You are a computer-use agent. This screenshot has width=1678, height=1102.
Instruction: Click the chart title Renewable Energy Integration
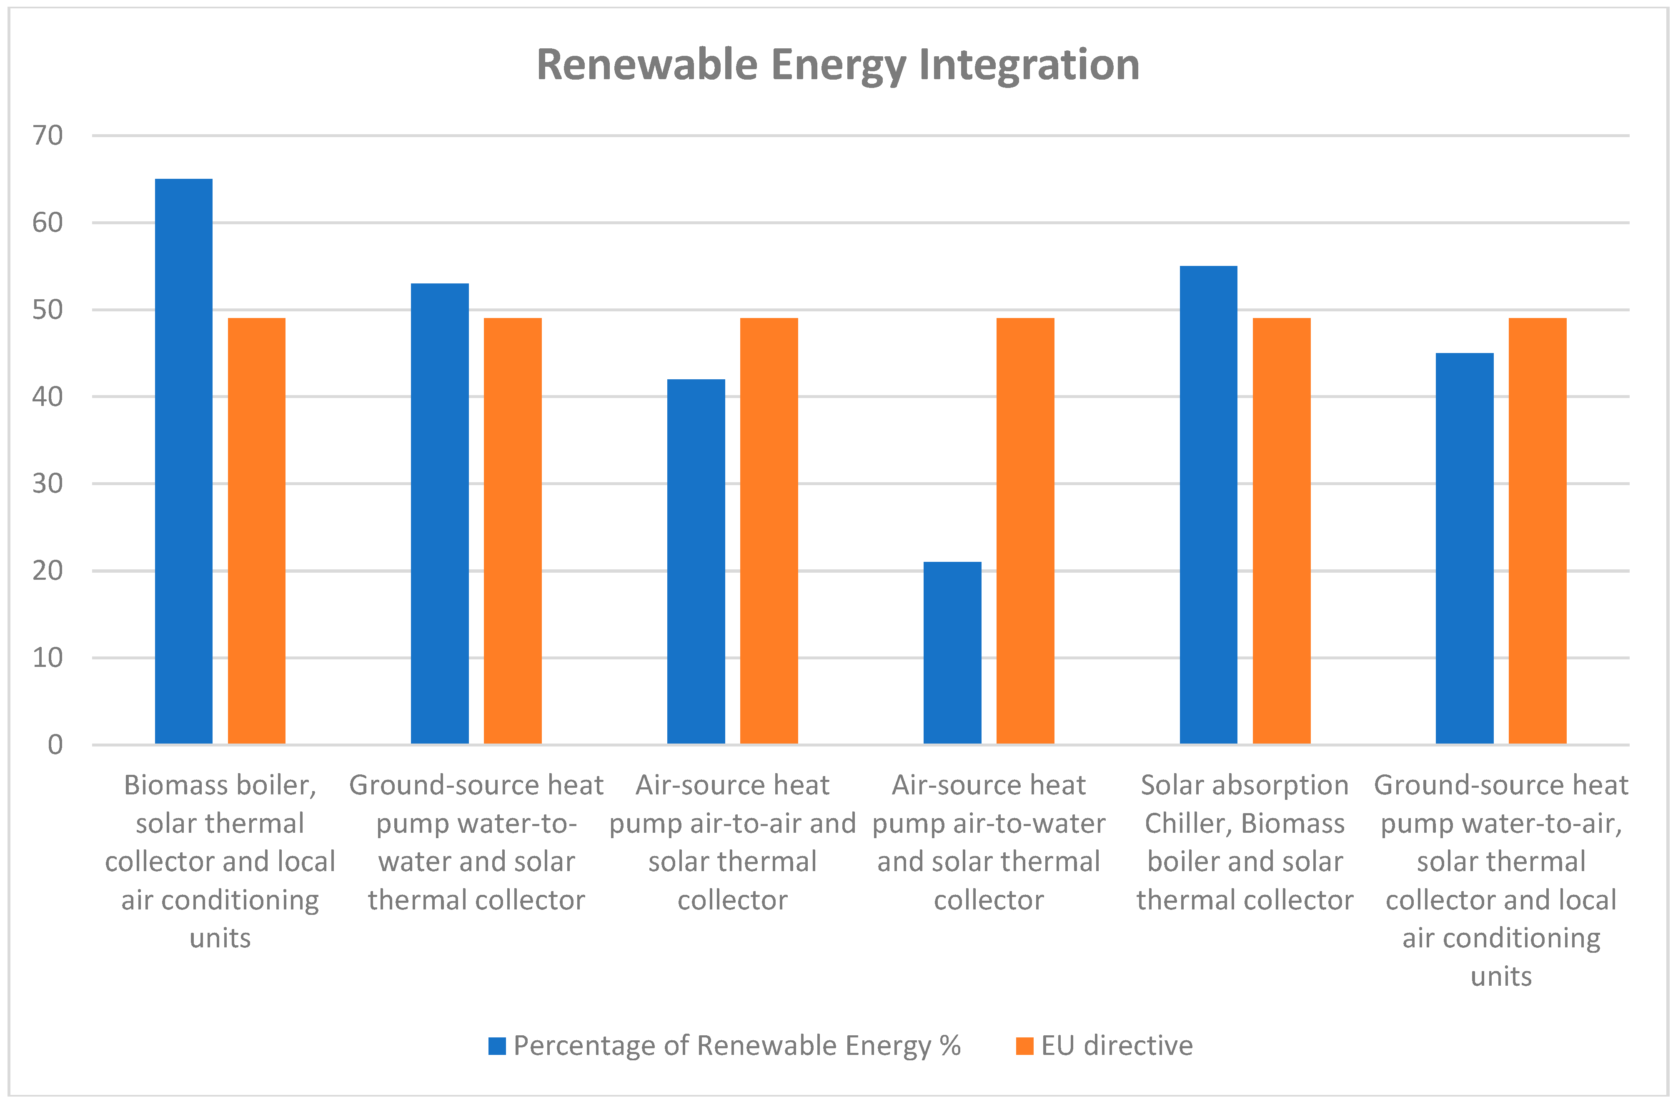838,65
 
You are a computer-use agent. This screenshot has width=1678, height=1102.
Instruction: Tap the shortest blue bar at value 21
952,652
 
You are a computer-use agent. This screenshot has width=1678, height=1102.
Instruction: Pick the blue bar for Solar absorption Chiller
1208,504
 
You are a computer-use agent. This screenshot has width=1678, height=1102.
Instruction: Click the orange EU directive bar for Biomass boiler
257,530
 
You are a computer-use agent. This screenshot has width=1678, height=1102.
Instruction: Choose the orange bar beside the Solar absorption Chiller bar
1281,530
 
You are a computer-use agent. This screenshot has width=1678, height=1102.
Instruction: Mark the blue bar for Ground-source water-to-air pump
1464,548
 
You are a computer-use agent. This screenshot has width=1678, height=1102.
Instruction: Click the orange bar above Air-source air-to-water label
1025,530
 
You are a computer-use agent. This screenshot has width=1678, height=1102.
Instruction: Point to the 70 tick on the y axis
48,135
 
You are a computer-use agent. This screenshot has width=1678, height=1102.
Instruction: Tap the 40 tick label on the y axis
48,397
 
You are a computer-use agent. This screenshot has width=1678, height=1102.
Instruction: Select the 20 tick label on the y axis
48,571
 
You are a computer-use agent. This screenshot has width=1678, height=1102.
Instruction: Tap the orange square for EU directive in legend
1024,1046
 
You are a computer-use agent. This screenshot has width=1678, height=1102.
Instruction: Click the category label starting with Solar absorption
1245,842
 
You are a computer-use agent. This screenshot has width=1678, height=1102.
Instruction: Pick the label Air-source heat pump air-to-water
989,842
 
